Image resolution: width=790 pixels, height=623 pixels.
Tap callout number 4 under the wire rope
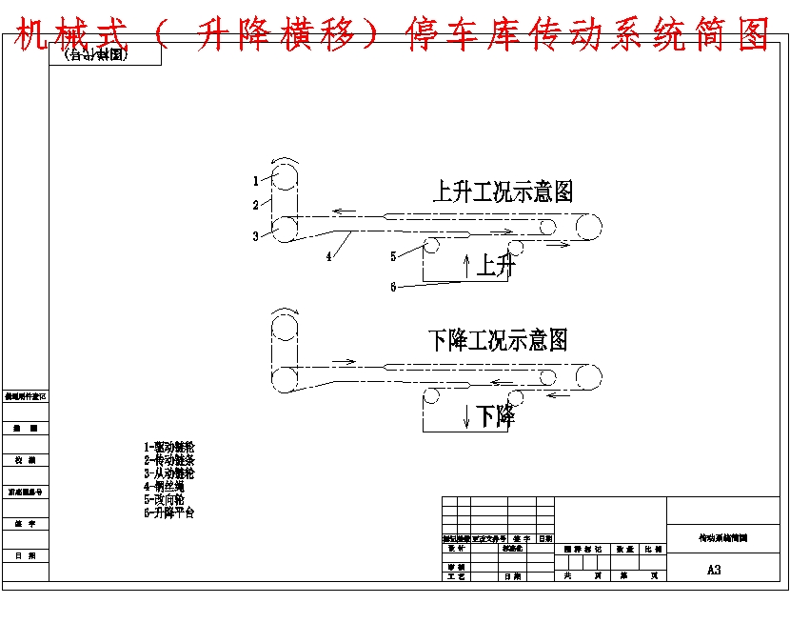pyautogui.click(x=328, y=256)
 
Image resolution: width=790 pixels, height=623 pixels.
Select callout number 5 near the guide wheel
pyautogui.click(x=393, y=256)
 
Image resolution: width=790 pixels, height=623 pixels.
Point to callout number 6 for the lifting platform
pyautogui.click(x=393, y=287)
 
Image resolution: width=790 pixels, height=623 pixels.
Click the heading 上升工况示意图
pyautogui.click(x=503, y=191)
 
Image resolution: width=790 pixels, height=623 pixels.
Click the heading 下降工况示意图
pyautogui.click(x=497, y=340)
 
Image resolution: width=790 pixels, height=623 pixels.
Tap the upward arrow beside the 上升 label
pyautogui.click(x=465, y=266)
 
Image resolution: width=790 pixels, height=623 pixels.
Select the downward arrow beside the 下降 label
pyautogui.click(x=466, y=415)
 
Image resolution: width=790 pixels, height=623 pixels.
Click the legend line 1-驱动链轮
pyautogui.click(x=169, y=447)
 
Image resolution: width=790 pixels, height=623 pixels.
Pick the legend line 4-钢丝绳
pyautogui.click(x=164, y=487)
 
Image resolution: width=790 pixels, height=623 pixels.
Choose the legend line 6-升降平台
pyautogui.click(x=169, y=512)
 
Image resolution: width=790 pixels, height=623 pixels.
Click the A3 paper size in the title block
pyautogui.click(x=714, y=570)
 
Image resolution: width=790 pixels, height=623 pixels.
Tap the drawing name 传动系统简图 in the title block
pyautogui.click(x=723, y=537)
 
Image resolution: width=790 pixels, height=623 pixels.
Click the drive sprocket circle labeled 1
pyautogui.click(x=285, y=174)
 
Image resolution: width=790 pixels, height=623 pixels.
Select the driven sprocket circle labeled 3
pyautogui.click(x=285, y=230)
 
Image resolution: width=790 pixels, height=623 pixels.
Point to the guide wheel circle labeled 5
pyautogui.click(x=431, y=245)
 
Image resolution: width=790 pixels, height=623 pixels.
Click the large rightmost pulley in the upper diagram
pyautogui.click(x=587, y=228)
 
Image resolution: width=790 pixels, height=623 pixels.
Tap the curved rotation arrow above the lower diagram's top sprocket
pyautogui.click(x=285, y=311)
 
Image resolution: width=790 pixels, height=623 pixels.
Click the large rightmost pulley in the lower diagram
pyautogui.click(x=587, y=376)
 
